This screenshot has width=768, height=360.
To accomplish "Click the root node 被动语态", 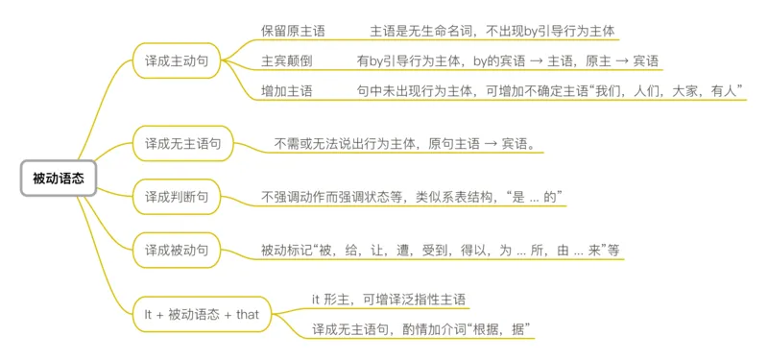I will (58, 178).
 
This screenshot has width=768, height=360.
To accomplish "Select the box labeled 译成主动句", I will (176, 60).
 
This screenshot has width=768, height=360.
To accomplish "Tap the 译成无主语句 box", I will (182, 144).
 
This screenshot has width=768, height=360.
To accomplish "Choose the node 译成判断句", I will (176, 197).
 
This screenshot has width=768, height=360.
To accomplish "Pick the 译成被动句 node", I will (176, 250).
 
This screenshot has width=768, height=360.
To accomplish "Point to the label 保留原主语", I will (293, 31).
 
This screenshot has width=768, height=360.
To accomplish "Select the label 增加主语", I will (286, 90).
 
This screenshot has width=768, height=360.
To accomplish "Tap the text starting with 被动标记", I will (440, 250).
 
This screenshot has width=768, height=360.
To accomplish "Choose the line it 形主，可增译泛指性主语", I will (388, 299).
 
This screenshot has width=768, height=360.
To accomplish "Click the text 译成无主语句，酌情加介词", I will (421, 329).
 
